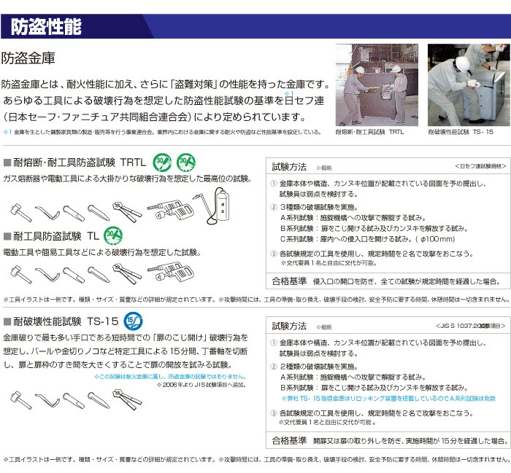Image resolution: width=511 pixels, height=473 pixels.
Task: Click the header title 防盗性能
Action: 46,27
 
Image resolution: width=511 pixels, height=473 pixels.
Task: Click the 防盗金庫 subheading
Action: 28,58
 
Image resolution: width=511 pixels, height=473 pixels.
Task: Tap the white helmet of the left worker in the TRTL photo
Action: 359,70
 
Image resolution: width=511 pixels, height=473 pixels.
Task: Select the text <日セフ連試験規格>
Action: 480,165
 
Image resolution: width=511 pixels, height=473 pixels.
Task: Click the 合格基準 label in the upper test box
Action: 289,281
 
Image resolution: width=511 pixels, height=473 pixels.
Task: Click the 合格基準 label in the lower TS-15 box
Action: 289,440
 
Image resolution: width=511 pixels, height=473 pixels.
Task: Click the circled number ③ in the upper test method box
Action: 274,253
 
